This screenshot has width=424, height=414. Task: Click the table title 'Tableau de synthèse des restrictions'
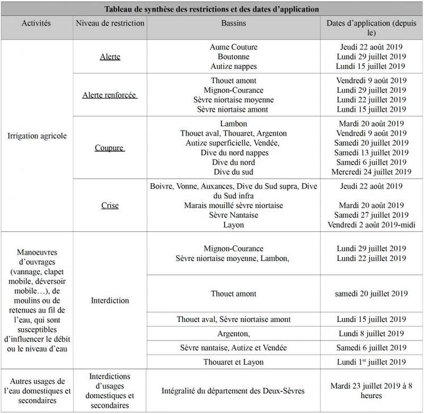212,10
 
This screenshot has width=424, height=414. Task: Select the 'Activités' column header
36,23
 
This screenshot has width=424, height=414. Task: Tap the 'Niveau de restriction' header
110,23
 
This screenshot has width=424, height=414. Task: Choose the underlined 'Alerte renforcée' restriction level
110,95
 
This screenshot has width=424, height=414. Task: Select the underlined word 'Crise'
110,205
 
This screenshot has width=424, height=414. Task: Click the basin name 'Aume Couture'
233,47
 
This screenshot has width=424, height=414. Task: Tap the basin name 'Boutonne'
233,57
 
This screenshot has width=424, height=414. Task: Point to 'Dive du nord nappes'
233,153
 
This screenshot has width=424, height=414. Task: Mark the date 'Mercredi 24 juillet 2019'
372,172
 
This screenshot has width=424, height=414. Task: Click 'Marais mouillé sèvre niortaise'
233,205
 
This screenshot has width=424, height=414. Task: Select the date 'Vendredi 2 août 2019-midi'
372,225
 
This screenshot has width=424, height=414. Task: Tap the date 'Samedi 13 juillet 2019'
371,153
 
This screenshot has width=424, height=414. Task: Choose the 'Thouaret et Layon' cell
233,362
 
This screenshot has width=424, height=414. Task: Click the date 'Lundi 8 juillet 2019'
371,333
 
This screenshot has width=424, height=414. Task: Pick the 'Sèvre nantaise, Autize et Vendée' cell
233,348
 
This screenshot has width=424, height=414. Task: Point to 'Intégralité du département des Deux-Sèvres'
233,391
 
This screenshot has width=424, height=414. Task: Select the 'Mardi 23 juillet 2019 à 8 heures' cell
371,391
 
